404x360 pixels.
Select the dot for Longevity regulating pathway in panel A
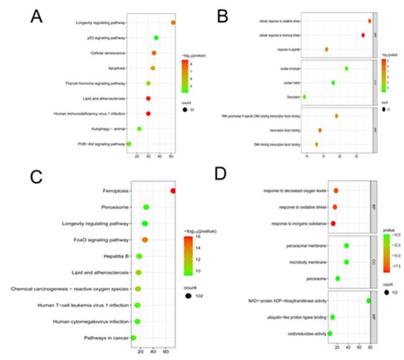173,23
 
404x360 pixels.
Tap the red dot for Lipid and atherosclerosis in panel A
148,98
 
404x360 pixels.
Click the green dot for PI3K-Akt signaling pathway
129,144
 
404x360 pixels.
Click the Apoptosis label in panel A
114,68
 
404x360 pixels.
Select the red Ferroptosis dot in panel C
173,191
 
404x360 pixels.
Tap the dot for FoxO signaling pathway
145,240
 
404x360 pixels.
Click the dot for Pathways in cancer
133,337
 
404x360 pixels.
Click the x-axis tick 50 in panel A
171,156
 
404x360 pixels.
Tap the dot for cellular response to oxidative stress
370,21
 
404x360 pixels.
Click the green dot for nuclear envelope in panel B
346,68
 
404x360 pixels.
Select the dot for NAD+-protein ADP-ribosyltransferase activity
368,300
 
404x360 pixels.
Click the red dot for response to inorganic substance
333,224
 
